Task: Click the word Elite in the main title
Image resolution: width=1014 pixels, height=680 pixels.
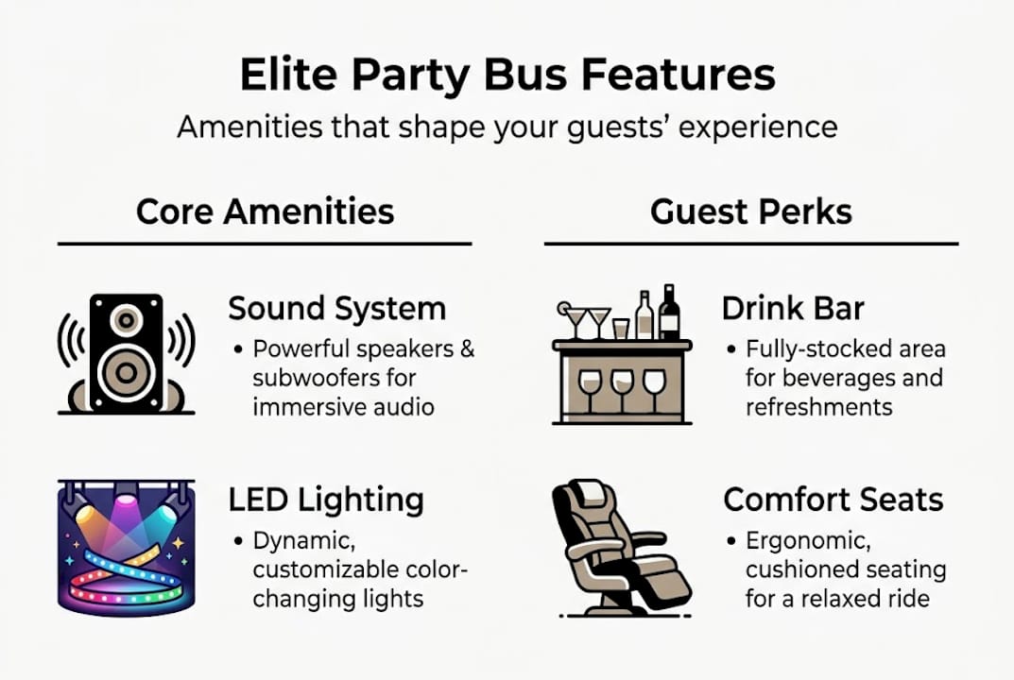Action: (288, 75)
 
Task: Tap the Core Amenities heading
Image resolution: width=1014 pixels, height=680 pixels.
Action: (266, 212)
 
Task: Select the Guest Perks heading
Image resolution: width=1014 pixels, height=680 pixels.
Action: (750, 212)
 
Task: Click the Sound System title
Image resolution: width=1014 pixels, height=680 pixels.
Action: (337, 308)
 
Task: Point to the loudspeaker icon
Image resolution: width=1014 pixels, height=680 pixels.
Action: (126, 353)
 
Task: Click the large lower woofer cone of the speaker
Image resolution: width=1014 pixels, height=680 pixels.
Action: (126, 373)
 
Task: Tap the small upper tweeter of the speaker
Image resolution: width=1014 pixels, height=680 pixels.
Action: (126, 319)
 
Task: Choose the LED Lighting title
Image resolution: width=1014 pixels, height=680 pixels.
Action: (326, 501)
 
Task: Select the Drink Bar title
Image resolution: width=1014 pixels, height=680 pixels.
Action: (793, 308)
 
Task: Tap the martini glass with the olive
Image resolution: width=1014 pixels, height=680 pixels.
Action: (573, 320)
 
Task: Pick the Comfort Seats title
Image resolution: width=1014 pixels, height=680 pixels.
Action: (834, 500)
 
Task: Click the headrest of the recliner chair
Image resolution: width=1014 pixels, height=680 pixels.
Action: (589, 494)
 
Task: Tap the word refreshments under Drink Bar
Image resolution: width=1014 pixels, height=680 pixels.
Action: (818, 407)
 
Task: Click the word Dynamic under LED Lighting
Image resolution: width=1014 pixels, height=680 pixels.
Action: (304, 541)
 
